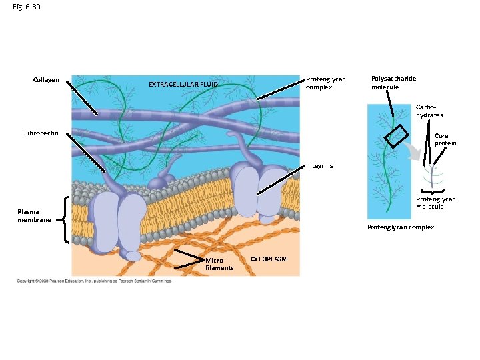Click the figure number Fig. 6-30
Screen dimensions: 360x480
(26, 7)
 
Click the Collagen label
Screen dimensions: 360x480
(46, 81)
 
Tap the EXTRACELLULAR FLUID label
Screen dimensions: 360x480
(183, 85)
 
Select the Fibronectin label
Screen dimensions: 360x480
(41, 133)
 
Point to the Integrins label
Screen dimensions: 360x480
(319, 165)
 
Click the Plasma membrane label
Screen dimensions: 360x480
(34, 216)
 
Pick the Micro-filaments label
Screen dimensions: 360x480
(219, 263)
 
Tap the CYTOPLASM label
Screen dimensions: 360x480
(269, 258)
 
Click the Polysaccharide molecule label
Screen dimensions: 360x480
(393, 83)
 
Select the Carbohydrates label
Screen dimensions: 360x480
(429, 111)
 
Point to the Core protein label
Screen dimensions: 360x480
(445, 139)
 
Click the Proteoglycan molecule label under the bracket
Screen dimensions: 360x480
(436, 203)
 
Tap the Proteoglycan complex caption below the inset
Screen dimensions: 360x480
(401, 227)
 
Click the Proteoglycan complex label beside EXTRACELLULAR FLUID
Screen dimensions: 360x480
(325, 83)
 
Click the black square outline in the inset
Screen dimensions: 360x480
(395, 137)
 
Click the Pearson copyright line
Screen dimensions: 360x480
(94, 281)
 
